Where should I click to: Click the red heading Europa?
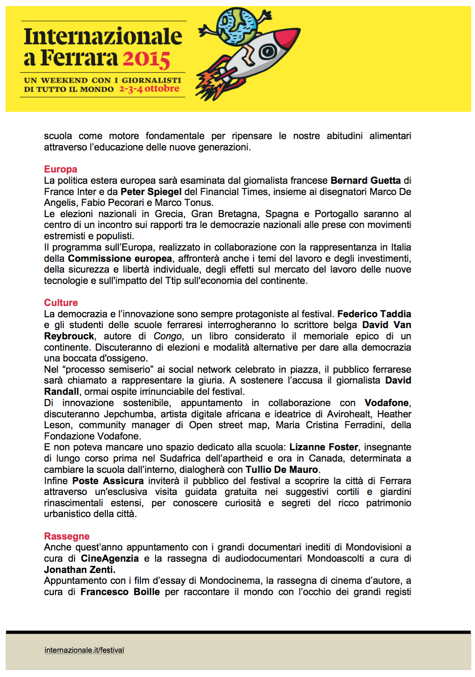[61, 169]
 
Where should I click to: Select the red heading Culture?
[61, 303]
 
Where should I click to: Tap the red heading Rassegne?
[67, 537]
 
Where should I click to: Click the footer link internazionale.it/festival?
[84, 650]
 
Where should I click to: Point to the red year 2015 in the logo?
[146, 59]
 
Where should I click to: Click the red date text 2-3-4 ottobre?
[149, 89]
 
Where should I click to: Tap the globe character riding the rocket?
[237, 26]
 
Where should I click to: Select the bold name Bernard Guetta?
[365, 181]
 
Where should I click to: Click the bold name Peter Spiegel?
[151, 192]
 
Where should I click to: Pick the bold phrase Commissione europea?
[120, 259]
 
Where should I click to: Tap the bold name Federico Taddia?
[374, 314]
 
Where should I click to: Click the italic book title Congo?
[167, 336]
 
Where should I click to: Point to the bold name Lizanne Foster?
[324, 447]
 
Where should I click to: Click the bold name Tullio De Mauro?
[282, 470]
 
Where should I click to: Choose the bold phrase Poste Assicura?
[108, 481]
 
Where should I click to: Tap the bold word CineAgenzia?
[110, 559]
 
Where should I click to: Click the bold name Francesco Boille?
[120, 592]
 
